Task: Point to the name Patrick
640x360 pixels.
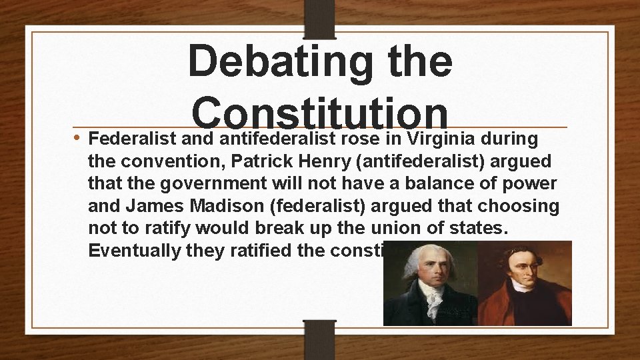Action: [262, 163]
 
